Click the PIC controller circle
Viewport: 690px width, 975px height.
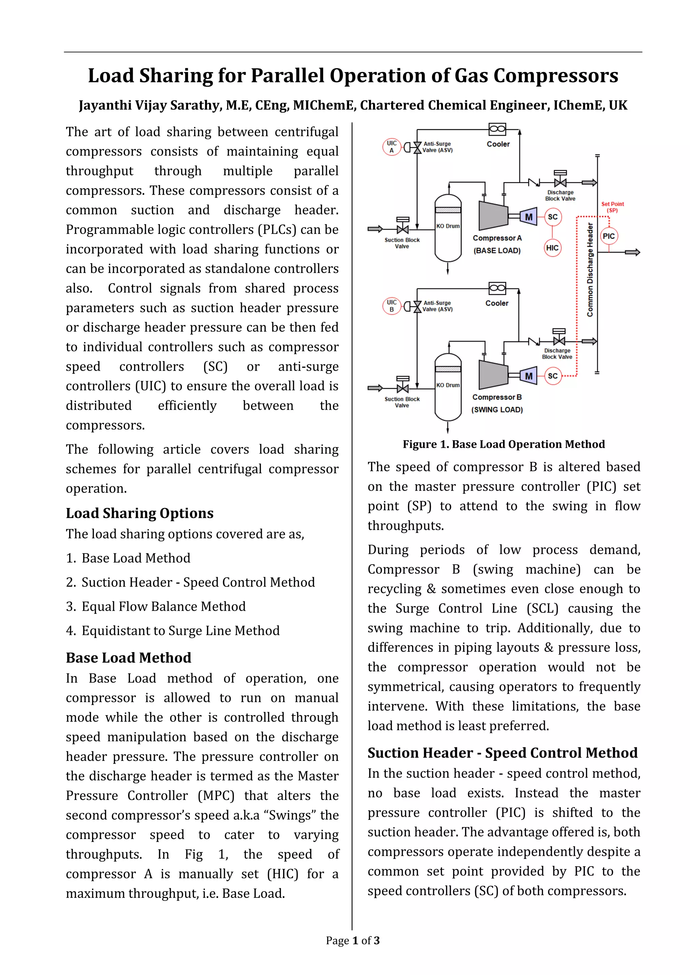[608, 236]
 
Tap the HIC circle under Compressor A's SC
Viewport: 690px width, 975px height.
[552, 248]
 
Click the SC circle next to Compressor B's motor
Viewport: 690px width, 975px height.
[552, 376]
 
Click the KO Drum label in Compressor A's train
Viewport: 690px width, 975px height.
[448, 226]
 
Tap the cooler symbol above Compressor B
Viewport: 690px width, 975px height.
[497, 288]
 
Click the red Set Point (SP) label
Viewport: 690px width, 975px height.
[612, 207]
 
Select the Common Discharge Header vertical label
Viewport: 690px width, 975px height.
[590, 270]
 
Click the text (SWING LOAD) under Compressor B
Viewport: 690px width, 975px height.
[497, 410]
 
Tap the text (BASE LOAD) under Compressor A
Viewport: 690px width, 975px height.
[497, 250]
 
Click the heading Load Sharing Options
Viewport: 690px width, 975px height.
[139, 513]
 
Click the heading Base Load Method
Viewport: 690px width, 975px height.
[128, 658]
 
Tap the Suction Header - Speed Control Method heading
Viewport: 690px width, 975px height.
[502, 753]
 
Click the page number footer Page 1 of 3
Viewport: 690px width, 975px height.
[353, 941]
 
